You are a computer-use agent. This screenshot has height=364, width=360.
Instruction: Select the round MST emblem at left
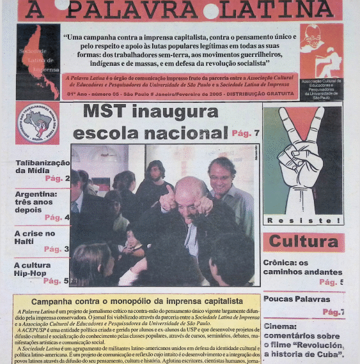(37, 123)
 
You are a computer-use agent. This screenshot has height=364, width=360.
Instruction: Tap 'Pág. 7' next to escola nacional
(246, 133)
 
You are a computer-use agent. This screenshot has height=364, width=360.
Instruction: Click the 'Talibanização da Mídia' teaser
(42, 167)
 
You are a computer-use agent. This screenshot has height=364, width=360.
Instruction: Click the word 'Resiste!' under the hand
(302, 220)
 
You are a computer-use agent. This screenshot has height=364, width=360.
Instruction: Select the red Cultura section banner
(303, 242)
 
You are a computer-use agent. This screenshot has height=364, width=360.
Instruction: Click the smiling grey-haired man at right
(222, 171)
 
